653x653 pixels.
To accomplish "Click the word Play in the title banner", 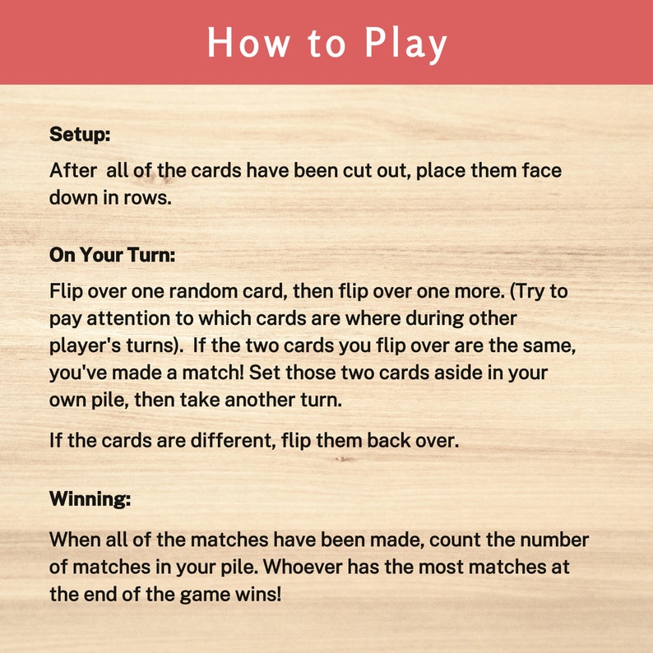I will pyautogui.click(x=405, y=43).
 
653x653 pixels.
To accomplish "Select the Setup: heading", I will pyautogui.click(x=80, y=133).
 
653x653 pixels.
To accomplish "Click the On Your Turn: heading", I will pyautogui.click(x=113, y=255).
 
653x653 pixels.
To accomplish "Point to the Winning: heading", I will pyautogui.click(x=90, y=498).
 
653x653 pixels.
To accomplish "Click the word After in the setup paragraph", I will pyautogui.click(x=72, y=171).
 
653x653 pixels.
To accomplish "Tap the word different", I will pyautogui.click(x=217, y=440).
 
